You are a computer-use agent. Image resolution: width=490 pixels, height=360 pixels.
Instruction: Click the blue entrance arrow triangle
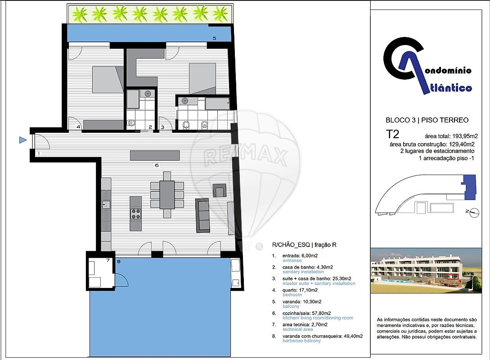pos(22,140)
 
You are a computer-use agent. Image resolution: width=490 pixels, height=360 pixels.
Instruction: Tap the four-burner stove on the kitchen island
pos(135,214)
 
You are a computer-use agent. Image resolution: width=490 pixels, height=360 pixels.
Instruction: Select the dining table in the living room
pos(167,195)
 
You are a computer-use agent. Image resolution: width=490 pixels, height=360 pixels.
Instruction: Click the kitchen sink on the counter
pos(106,205)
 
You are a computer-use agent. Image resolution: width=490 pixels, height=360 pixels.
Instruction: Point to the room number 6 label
pos(157,165)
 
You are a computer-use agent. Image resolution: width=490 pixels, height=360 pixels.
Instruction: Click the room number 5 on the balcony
pos(214,38)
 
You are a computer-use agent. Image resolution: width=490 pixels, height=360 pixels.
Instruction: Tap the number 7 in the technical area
pos(108,260)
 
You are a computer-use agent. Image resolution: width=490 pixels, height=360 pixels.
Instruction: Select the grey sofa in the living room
pos(203,215)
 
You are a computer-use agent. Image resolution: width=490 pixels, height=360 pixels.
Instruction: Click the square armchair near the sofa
pos(220,190)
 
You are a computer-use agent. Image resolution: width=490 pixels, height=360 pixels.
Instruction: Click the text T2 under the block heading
pos(393,134)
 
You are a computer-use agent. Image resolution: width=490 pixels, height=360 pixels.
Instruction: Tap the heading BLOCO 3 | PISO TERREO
pos(427,120)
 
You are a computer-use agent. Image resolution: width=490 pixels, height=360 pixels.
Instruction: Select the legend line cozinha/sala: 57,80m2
pos(306,313)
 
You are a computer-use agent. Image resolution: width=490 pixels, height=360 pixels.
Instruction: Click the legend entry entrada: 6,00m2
pos(300,256)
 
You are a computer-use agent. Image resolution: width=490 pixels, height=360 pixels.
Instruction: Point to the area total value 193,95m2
pos(465,136)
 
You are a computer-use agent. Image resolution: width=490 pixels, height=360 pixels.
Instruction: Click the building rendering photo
pos(426,270)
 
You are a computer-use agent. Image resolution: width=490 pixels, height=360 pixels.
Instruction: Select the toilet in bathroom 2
pos(131,123)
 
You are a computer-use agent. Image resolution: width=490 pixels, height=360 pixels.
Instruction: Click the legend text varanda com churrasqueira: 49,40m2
pos(323,336)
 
